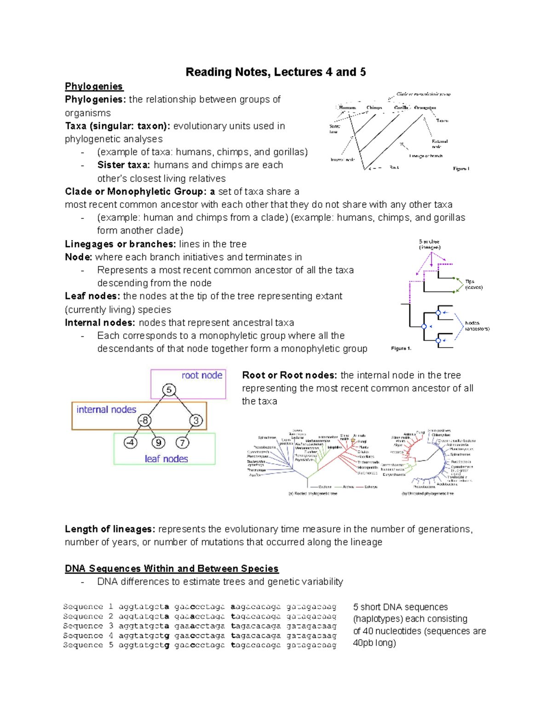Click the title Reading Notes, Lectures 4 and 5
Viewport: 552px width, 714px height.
[x=276, y=72]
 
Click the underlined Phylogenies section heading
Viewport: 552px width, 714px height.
[x=93, y=86]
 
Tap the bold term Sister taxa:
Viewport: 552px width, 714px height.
[x=123, y=165]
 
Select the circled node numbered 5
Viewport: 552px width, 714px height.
[x=169, y=390]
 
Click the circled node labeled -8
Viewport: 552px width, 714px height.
[x=144, y=420]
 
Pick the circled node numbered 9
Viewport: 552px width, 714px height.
[x=158, y=443]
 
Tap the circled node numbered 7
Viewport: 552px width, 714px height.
[x=182, y=443]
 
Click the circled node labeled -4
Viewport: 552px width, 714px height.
[x=131, y=443]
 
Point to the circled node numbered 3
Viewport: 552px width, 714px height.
[x=196, y=420]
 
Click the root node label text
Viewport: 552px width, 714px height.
[x=201, y=375]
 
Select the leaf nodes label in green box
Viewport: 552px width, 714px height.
[x=166, y=459]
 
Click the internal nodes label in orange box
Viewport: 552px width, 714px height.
[x=106, y=410]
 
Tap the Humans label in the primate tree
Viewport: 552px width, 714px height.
[x=347, y=108]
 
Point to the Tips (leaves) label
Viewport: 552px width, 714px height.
[x=473, y=284]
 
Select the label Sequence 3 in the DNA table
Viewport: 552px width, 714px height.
[x=88, y=626]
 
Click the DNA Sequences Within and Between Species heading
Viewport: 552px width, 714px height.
[x=172, y=569]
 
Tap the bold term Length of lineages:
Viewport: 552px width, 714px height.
[x=110, y=529]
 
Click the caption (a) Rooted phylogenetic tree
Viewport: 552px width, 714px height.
[x=312, y=494]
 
